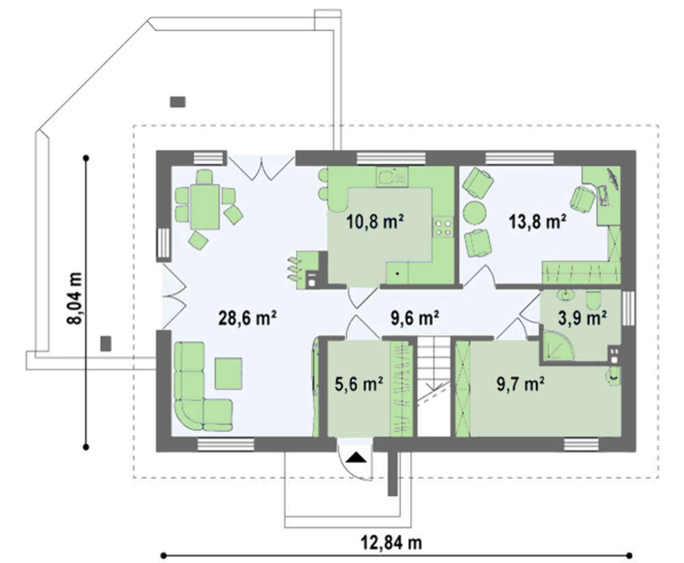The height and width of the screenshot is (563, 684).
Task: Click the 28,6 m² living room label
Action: coord(248,318)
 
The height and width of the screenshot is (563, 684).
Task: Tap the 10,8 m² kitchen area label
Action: coord(375,222)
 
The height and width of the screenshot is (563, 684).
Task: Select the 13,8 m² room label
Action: coord(538,222)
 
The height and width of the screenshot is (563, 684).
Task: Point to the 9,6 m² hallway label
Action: coord(415,318)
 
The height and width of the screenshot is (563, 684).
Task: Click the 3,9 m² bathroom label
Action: coord(582,318)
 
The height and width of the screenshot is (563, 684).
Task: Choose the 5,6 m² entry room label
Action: coord(359,384)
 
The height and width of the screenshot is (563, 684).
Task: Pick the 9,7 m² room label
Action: coord(521,384)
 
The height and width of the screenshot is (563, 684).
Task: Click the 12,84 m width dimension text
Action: coord(391,543)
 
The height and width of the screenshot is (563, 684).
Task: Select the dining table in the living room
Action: coord(205,207)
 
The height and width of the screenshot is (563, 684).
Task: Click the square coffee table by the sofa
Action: coord(228,374)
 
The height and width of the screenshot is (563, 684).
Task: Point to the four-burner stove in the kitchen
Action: coord(443,227)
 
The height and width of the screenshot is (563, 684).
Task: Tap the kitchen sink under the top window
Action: coord(392,177)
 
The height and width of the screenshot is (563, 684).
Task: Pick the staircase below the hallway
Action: coord(434,386)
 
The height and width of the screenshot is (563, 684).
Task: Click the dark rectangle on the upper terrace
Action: coord(178,102)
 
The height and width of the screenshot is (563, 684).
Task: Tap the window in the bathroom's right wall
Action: coord(628,308)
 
